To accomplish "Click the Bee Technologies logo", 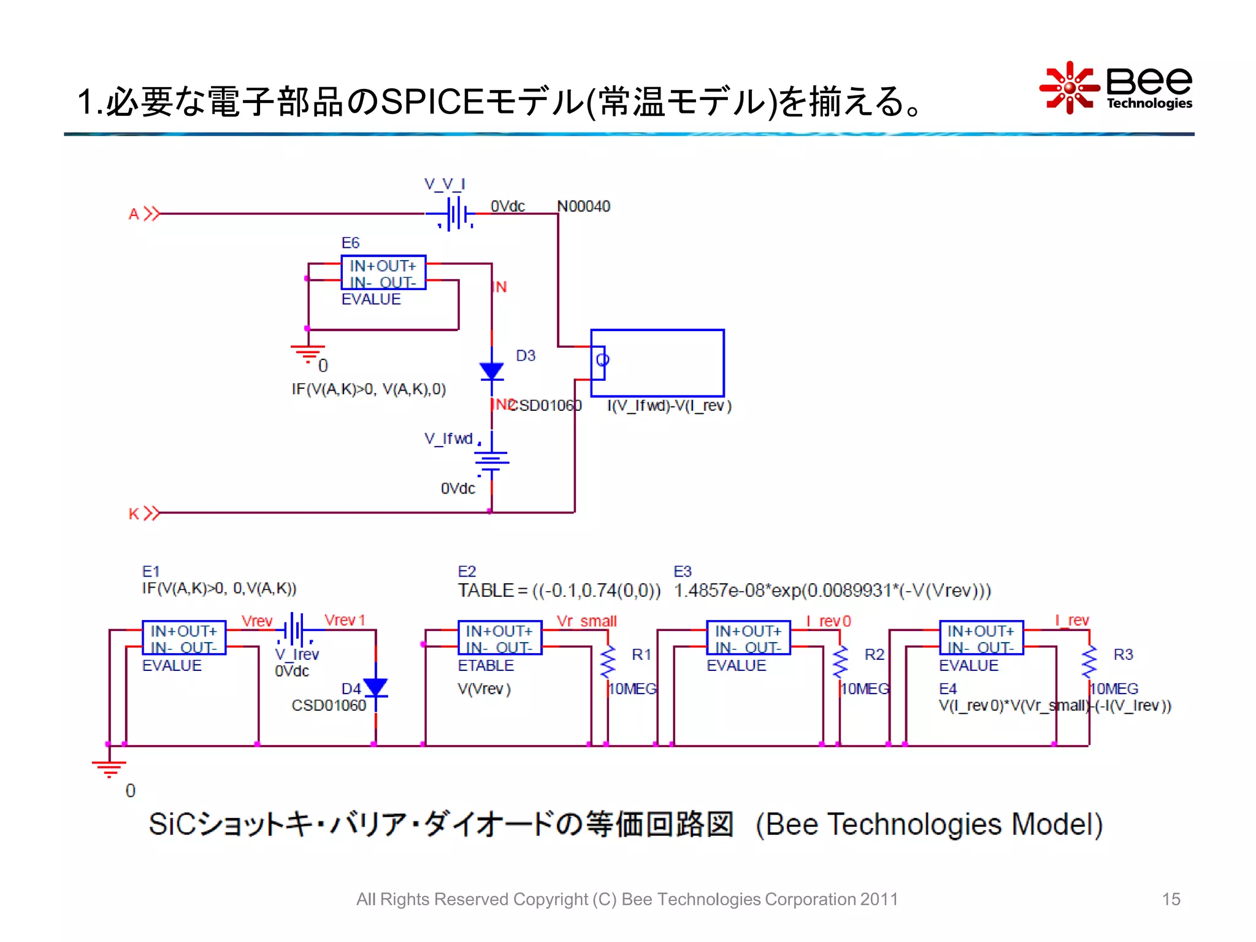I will (1116, 88).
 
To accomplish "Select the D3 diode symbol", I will (491, 370).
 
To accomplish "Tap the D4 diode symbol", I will (375, 687).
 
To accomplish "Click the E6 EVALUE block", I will (383, 272).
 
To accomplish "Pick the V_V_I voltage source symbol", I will (453, 214).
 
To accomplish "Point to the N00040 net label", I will (583, 206).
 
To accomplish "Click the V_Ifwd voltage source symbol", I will (491, 459).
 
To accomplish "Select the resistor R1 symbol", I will (608, 661).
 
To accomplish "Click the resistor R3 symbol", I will (1089, 661).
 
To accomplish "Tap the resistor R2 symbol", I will (840, 661).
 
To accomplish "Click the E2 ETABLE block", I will (499, 638).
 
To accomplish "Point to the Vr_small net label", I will (586, 621).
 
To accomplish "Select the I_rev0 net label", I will (828, 621).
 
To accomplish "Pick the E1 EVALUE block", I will (183, 638).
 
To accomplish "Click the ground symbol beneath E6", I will (308, 352).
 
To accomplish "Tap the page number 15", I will (1170, 898).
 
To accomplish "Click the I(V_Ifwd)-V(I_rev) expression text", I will (669, 405).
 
